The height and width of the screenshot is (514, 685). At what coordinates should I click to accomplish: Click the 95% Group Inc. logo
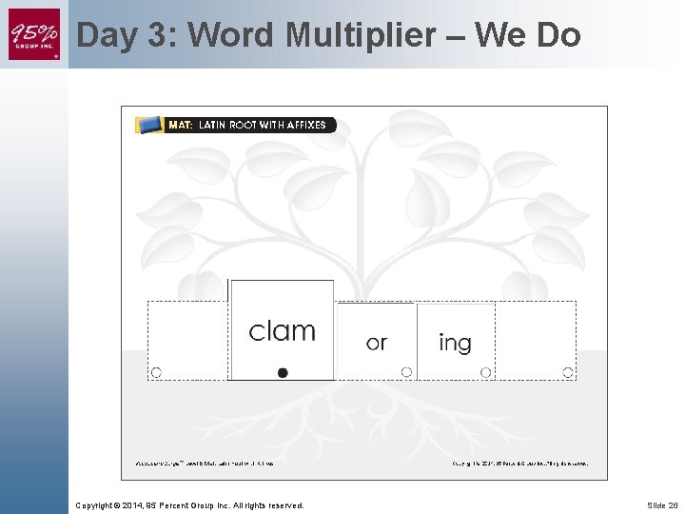coord(34,34)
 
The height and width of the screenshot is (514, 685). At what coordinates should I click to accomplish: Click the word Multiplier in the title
coord(365,35)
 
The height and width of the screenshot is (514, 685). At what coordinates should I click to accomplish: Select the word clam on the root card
coord(282,330)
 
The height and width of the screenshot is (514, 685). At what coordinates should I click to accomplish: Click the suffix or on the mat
coord(377,343)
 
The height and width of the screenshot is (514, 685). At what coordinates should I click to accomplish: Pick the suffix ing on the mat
coord(455,343)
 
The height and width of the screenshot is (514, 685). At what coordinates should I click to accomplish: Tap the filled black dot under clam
coord(283,372)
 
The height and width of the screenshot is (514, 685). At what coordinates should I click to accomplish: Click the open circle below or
coord(406,372)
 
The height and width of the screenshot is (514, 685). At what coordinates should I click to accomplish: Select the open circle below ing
coord(485,372)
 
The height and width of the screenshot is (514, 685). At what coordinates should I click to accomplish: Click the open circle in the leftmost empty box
coord(156,372)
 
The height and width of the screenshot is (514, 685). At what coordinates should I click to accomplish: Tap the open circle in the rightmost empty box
coord(567,372)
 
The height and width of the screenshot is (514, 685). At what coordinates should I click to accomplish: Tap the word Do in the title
coord(558,35)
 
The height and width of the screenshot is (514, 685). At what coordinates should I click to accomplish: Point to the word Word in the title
coord(232,35)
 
